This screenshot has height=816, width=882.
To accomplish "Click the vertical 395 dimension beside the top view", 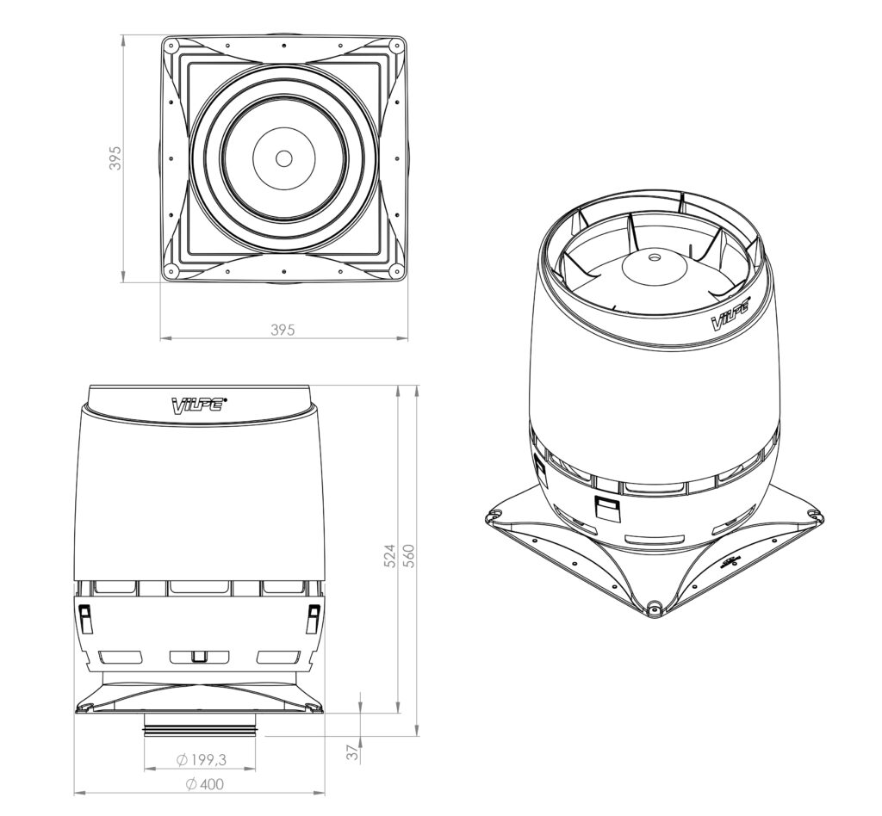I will point(115,158).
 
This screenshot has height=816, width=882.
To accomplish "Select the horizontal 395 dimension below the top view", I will point(283,330).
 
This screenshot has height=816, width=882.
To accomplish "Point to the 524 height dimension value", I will point(389,555).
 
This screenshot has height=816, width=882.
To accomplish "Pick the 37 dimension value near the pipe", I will point(352,753).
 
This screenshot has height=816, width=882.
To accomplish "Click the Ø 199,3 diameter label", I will point(200,760).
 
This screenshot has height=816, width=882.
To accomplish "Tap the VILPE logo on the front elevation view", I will point(199,405).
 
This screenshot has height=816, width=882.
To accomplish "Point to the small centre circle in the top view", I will point(283,158).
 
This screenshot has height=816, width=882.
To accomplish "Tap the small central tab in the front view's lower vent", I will point(199,657).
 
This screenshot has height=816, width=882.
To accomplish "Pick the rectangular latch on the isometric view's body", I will point(607,508).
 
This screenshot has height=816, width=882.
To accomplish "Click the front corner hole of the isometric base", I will point(655,608).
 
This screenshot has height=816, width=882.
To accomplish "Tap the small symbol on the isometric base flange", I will point(731,563).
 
